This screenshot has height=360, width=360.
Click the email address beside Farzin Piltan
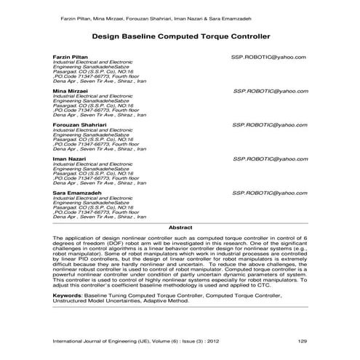[x=269, y=57]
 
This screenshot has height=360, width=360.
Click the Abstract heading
[x=180, y=227]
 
